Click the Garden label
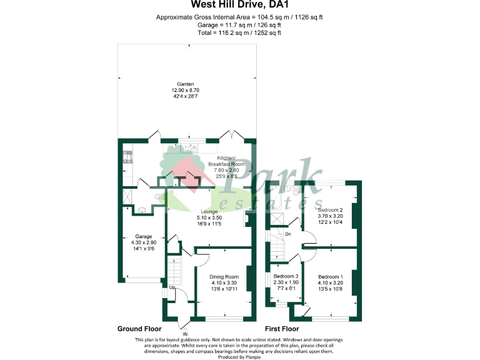(x=185, y=84)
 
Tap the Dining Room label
(x=224, y=276)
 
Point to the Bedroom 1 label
(x=331, y=276)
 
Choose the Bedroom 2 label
(x=331, y=209)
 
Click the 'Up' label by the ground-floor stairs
(x=171, y=287)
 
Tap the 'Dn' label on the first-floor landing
(x=287, y=235)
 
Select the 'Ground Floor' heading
(x=139, y=329)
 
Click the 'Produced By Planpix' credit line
(x=241, y=356)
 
